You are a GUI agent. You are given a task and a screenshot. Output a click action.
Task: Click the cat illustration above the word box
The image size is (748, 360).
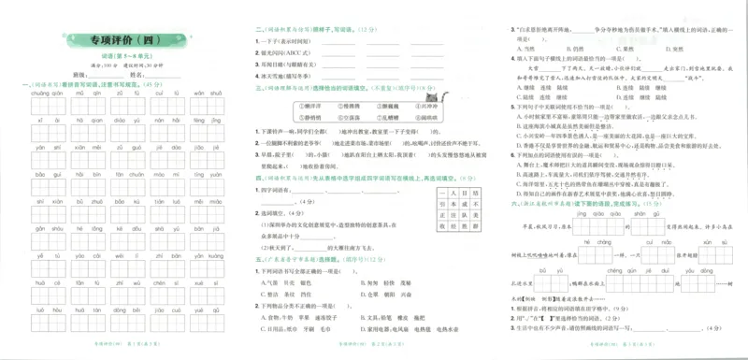pyautogui.click(x=432, y=95)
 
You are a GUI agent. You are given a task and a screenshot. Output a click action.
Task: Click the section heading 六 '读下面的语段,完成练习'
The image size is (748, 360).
pyautogui.click(x=570, y=202)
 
